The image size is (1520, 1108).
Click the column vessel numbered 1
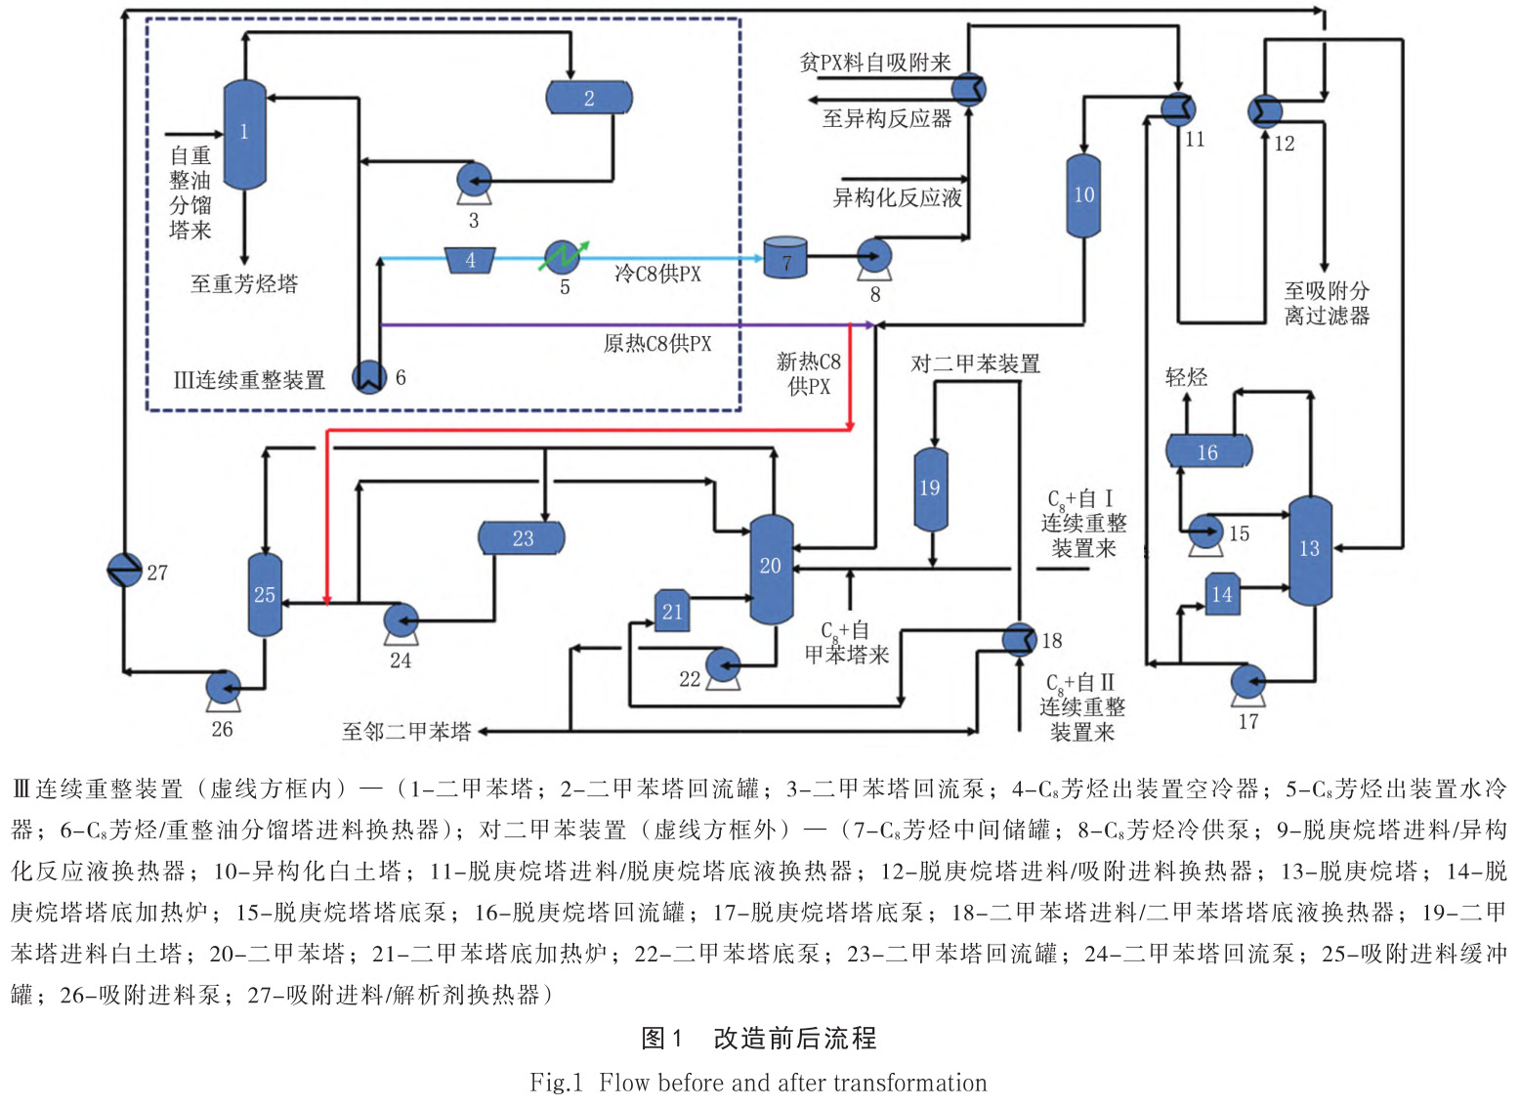244,134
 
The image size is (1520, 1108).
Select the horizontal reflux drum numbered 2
588,98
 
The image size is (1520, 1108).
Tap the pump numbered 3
475,181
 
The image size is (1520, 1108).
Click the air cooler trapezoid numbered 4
470,260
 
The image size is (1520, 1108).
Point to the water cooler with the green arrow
563,258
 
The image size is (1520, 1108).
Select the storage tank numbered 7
785,258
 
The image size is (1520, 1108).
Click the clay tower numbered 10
1083,195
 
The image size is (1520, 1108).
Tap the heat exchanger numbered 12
1264,111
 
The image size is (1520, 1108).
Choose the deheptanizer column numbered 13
1310,550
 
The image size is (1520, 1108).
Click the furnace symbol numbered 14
1222,594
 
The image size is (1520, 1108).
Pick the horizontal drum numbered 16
1208,451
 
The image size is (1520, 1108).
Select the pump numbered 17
1247,682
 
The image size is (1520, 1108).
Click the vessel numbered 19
930,489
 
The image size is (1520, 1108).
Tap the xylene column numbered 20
771,569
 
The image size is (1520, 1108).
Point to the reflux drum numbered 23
522,538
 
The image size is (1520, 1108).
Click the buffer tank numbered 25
265,594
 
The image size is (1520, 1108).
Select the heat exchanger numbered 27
124,570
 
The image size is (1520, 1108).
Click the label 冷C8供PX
657,275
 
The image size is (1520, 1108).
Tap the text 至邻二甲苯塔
406,732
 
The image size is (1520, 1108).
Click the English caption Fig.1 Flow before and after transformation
758,1083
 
